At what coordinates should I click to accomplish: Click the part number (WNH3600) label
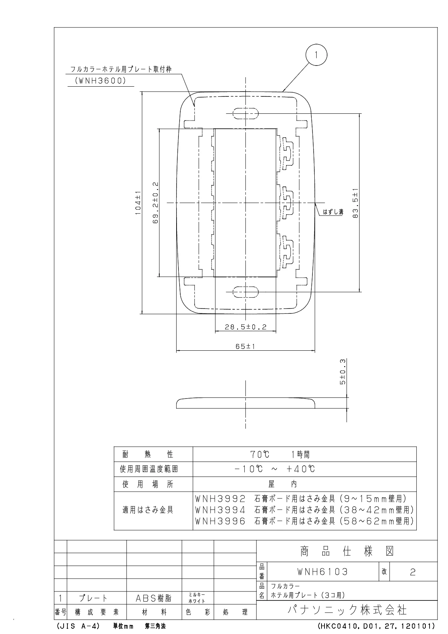(101, 81)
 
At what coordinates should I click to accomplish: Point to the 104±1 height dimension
(138, 203)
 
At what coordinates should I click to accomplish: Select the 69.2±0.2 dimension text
(155, 203)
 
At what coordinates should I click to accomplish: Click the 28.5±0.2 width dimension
(245, 327)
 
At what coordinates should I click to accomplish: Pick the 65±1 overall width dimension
(245, 347)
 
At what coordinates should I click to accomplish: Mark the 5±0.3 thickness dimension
(343, 372)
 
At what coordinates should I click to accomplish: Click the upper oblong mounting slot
(245, 113)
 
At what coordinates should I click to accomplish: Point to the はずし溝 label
(333, 212)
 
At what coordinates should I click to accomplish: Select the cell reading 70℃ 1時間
(281, 454)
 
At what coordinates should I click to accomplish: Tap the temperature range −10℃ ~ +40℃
(274, 469)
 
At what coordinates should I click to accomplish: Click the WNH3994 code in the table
(220, 510)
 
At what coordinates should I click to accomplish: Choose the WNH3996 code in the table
(220, 521)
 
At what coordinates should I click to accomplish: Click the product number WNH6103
(323, 572)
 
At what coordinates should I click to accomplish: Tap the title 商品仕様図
(347, 552)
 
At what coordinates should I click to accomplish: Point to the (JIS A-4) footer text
(78, 626)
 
